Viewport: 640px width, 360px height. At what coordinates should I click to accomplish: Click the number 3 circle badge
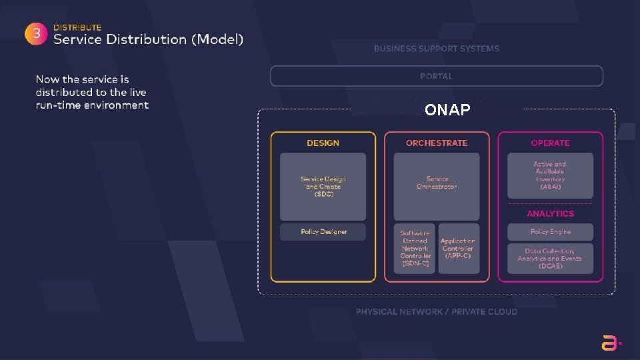tap(35, 34)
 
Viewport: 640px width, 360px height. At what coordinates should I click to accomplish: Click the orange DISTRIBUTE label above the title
tap(77, 27)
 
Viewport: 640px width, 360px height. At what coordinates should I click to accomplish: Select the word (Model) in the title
tap(217, 39)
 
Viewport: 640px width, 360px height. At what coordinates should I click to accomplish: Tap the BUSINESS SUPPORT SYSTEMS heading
tap(436, 49)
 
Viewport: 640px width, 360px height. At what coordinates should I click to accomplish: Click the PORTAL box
tap(436, 76)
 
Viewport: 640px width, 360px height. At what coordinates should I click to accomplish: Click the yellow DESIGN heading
tap(323, 143)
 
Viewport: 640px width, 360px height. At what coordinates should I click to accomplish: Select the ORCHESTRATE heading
tap(437, 143)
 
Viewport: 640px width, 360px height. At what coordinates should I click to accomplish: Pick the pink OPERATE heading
tap(550, 143)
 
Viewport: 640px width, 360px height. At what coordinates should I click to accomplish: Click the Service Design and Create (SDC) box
tap(323, 187)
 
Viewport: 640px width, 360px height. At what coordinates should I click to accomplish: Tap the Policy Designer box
tap(323, 232)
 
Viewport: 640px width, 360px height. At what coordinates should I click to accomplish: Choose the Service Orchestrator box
tap(437, 187)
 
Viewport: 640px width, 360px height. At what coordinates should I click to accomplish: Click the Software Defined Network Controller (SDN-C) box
tap(415, 248)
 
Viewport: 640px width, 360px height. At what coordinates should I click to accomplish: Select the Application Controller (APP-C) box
tap(458, 248)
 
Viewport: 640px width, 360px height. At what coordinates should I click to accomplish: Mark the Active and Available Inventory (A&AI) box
tap(550, 175)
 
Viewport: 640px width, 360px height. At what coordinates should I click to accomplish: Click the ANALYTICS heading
tap(550, 213)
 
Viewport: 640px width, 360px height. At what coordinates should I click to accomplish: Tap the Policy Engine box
tap(550, 232)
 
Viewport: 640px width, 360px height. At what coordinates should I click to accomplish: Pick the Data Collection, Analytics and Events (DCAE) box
tap(550, 259)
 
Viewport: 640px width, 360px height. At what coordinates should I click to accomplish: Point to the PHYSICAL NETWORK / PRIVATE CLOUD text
tap(436, 311)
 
